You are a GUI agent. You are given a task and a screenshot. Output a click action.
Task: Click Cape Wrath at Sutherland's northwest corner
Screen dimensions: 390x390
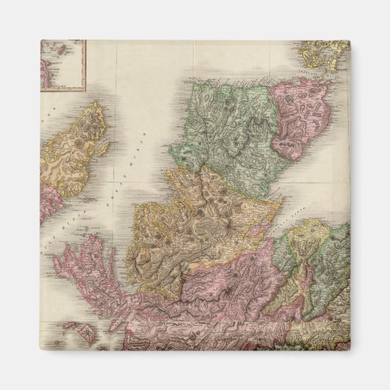pyautogui.click(x=184, y=78)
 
